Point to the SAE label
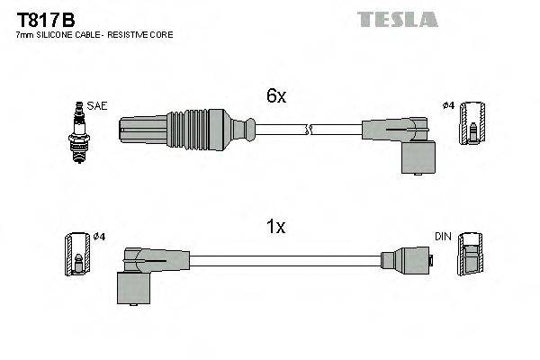point(96,106)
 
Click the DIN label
point(442,237)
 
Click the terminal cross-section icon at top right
point(473,122)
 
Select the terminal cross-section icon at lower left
point(76,255)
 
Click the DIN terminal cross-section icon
point(470,254)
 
